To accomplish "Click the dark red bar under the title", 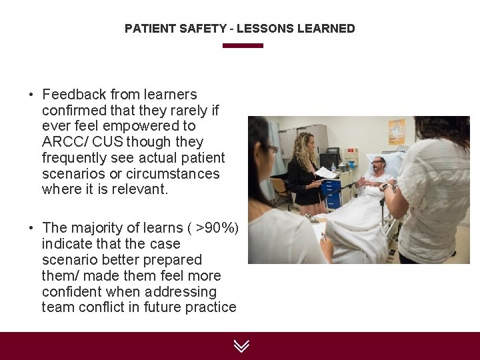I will click(x=243, y=45).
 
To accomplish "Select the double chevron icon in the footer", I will click(x=241, y=345).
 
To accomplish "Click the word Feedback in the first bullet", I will click(x=74, y=94).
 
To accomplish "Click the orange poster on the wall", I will click(x=397, y=132).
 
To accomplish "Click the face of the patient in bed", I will click(x=378, y=166).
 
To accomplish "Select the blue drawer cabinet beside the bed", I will click(x=331, y=193).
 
